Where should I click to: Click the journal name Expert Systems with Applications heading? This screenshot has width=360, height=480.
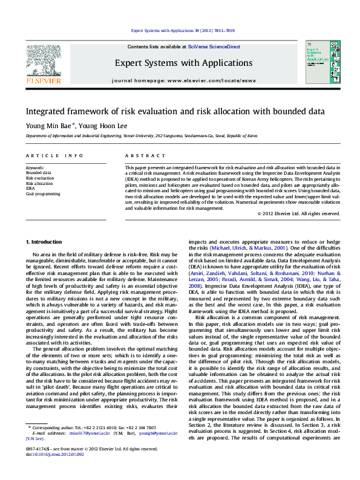tap(183, 62)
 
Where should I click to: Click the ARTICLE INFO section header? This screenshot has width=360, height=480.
tap(54, 156)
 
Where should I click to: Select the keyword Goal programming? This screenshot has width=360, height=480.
tap(43, 194)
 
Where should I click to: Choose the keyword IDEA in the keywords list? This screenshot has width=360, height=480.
tap(31, 189)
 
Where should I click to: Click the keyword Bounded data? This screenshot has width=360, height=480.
tap(38, 173)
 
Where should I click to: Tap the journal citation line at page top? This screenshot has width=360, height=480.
tap(183, 30)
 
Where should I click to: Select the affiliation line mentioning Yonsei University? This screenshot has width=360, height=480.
tap(141, 137)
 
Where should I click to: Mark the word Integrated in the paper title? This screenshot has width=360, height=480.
tap(46, 111)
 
